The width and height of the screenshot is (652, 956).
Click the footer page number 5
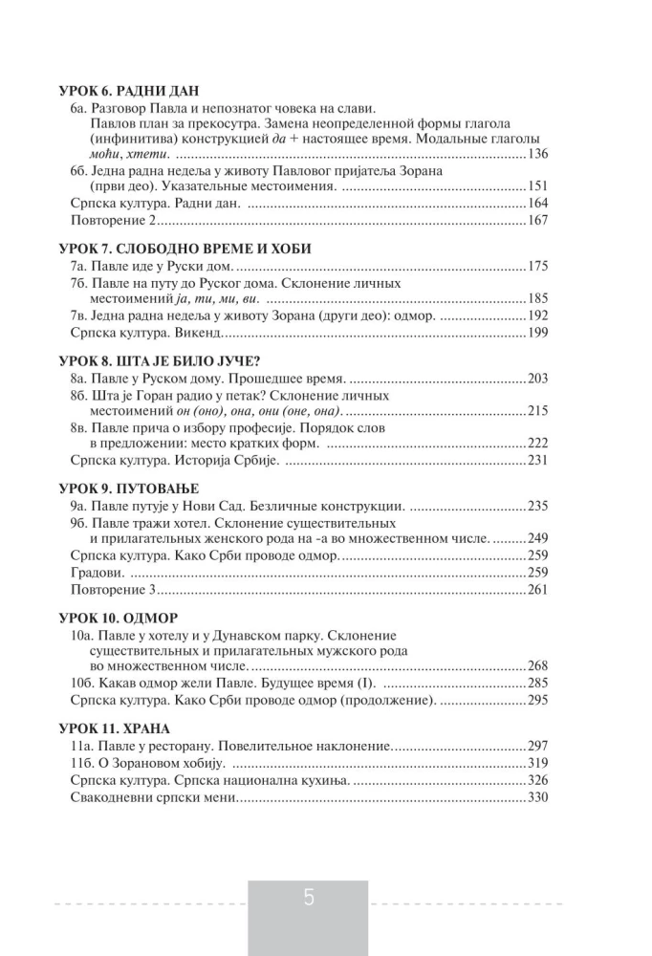[x=309, y=899]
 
